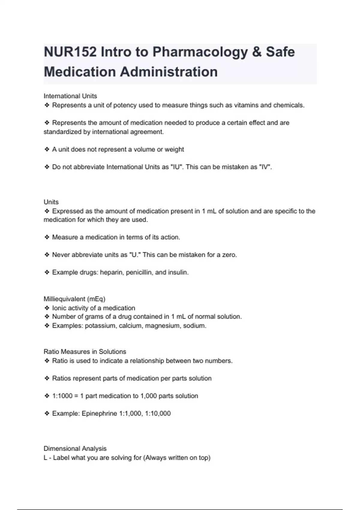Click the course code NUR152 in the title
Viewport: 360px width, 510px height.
click(x=70, y=52)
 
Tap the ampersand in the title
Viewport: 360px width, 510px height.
click(x=257, y=52)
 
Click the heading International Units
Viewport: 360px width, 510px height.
click(x=70, y=96)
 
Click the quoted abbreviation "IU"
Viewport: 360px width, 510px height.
click(x=176, y=167)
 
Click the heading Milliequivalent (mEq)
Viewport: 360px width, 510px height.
click(x=74, y=299)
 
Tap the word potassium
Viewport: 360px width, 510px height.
click(x=100, y=326)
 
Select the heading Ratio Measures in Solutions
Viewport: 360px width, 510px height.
click(x=85, y=352)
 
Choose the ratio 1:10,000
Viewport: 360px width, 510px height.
click(x=158, y=414)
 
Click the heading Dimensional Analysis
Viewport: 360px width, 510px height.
click(x=75, y=449)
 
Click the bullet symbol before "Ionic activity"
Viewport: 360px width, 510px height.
click(x=47, y=308)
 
